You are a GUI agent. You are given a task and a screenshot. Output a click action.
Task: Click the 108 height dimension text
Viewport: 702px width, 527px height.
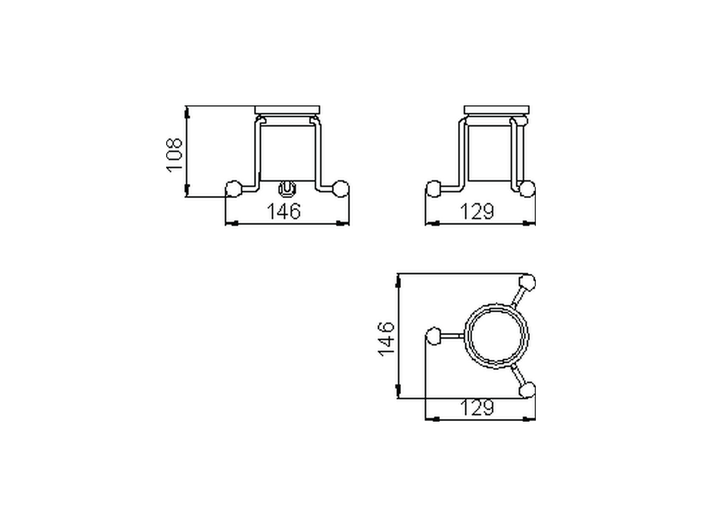pyautogui.click(x=174, y=155)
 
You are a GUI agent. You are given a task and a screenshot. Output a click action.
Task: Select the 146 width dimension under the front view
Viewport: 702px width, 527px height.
pyautogui.click(x=284, y=211)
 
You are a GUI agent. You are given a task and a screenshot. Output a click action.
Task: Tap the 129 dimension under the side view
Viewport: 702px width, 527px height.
pyautogui.click(x=477, y=211)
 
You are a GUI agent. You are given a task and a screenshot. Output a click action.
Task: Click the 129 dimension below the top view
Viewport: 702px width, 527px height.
pyautogui.click(x=477, y=408)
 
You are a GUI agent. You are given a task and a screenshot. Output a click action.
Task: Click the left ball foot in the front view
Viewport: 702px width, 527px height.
pyautogui.click(x=234, y=189)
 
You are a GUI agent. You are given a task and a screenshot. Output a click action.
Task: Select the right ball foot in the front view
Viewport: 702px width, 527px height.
pyautogui.click(x=341, y=189)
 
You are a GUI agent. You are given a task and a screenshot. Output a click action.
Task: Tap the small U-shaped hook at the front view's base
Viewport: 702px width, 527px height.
pyautogui.click(x=287, y=189)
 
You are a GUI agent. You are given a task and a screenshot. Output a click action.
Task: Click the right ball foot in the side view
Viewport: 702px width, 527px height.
pyautogui.click(x=527, y=189)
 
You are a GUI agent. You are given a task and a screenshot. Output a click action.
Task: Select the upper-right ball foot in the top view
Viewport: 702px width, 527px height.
pyautogui.click(x=527, y=283)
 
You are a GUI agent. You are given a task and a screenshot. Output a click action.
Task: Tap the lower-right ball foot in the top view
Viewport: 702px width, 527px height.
pyautogui.click(x=527, y=390)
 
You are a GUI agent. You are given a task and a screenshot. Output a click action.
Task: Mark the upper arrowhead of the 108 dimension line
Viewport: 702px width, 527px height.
pyautogui.click(x=187, y=112)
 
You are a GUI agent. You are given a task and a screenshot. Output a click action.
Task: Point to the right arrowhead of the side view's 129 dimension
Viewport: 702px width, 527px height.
pyautogui.click(x=530, y=223)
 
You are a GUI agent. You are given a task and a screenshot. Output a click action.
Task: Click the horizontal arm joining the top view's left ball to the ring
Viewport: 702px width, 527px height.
pyautogui.click(x=452, y=335)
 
